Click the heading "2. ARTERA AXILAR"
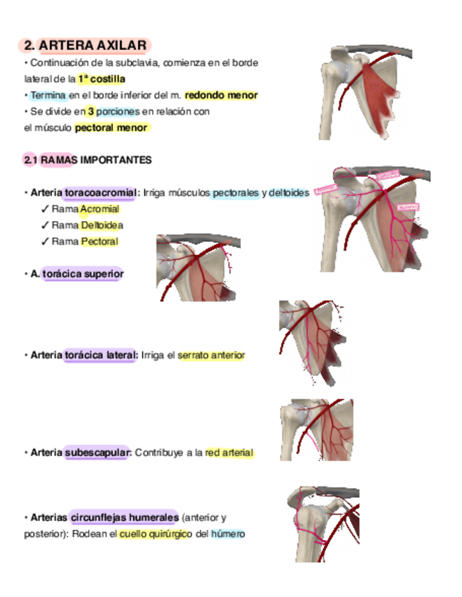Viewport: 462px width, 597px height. coord(85,46)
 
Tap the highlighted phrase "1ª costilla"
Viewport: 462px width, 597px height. coord(101,79)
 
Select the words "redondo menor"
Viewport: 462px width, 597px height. coord(221,95)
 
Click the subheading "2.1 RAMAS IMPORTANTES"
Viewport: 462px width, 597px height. coord(87,160)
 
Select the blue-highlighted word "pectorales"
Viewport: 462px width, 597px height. coord(236,192)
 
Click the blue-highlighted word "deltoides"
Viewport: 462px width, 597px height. coord(289,192)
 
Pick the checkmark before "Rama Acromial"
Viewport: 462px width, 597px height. coord(44,209)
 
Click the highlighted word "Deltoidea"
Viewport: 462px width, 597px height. coord(101,225)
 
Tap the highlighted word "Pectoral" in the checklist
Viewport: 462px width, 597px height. coord(99,241)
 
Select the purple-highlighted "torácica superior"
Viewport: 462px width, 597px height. coord(82,273)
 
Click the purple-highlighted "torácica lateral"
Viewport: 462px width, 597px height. coord(100,356)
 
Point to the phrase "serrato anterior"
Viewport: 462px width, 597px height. coord(211,356)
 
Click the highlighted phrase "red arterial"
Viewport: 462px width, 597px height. coord(229,452)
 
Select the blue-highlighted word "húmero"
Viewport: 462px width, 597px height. coord(227,534)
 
